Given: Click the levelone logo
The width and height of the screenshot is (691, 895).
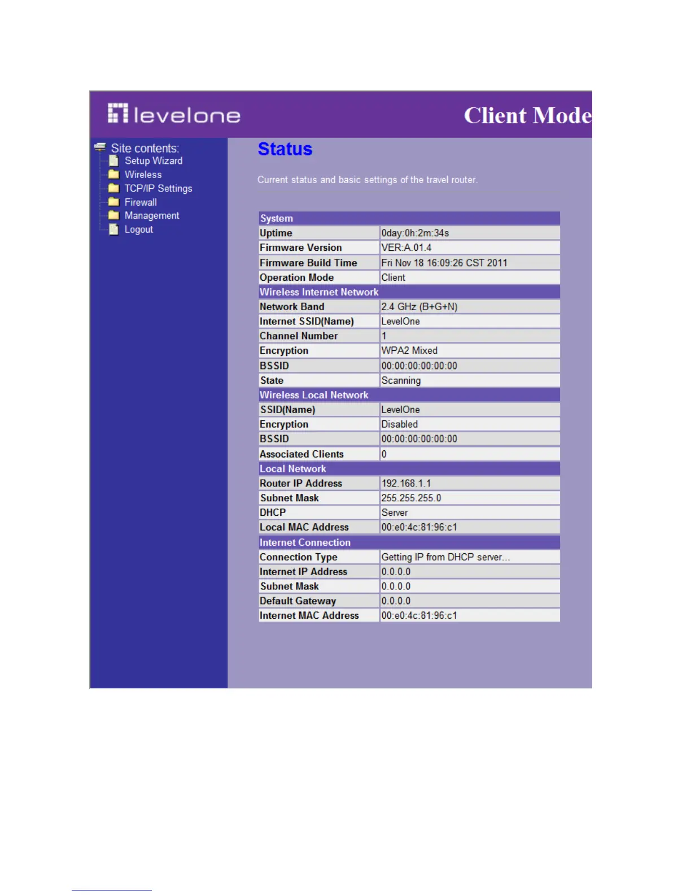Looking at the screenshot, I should click(174, 115).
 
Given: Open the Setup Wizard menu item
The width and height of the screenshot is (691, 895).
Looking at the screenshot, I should click(153, 161).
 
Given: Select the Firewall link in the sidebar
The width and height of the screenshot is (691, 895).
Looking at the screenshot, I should click(141, 202).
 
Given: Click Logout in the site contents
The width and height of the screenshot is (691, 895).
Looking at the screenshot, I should click(138, 229).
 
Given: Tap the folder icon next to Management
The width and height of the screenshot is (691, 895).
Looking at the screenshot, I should click(113, 215).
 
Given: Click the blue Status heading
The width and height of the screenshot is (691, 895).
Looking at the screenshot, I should click(285, 149).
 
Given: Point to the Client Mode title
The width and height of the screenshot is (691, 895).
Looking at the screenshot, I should click(527, 115).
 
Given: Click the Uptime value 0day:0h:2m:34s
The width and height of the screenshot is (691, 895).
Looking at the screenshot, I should click(415, 233).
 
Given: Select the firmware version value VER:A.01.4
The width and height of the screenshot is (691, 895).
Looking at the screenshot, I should click(406, 248).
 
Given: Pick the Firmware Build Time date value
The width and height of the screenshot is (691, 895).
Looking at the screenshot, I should click(444, 263).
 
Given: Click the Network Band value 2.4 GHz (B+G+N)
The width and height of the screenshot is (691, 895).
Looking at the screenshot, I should click(419, 307).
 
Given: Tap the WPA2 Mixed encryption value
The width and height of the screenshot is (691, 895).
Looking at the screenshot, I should click(409, 351).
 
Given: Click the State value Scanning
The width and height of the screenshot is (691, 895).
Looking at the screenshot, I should click(401, 381).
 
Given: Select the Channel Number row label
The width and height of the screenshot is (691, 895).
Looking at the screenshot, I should click(298, 336).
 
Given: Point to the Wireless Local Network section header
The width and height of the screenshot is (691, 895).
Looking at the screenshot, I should click(314, 396).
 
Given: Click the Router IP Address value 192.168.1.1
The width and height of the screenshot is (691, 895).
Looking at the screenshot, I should click(406, 484).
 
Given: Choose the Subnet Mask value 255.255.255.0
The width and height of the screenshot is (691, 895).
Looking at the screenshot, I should click(411, 498).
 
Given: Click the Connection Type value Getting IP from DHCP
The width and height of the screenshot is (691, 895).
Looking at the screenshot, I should click(445, 557).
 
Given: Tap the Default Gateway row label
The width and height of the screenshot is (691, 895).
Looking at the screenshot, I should click(298, 601).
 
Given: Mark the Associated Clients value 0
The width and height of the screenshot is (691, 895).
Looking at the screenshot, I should click(384, 454).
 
